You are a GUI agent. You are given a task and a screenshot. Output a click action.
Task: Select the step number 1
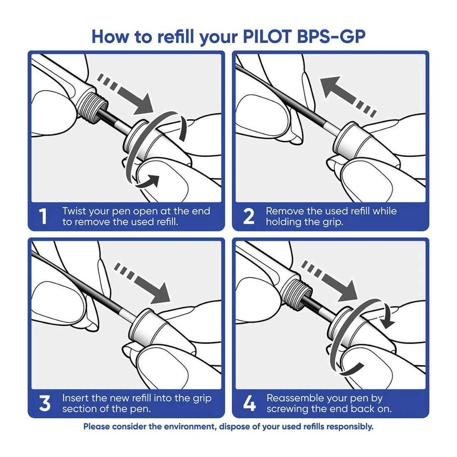point(43,217)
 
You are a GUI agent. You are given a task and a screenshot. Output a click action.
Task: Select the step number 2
point(248,217)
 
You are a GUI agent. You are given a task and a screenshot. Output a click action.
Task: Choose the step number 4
point(249,404)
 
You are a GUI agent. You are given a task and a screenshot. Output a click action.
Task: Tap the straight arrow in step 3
point(143,283)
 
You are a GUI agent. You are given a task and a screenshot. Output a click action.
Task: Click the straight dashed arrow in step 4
point(330,280)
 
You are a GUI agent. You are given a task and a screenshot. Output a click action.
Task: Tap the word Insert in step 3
point(75,398)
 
